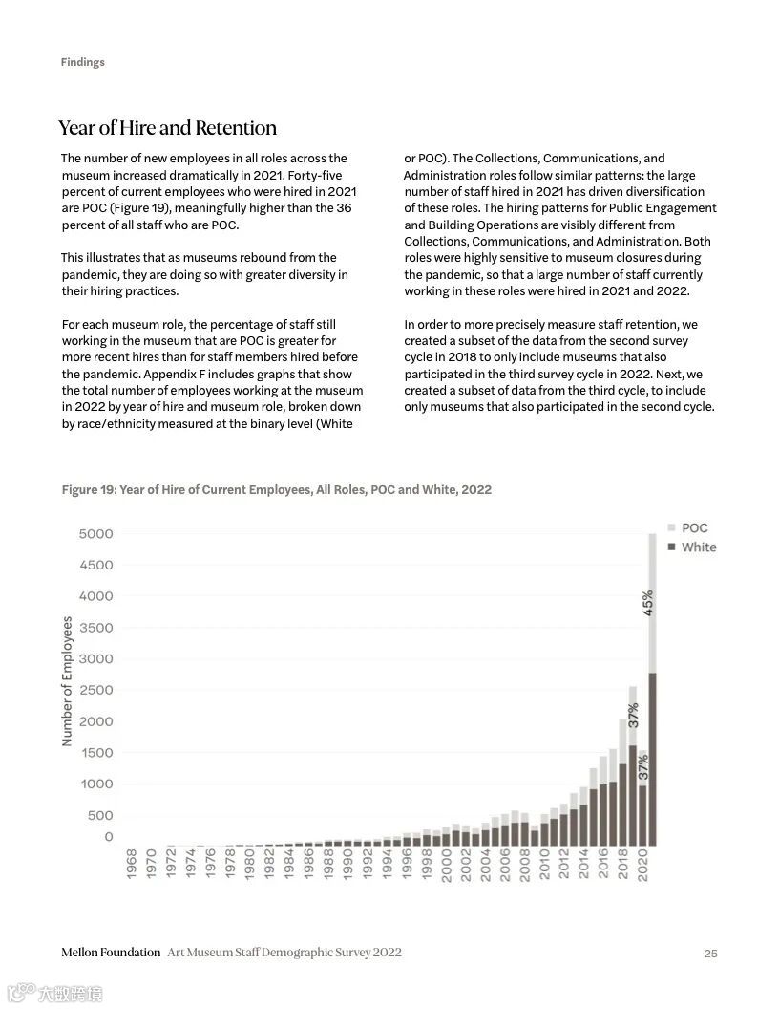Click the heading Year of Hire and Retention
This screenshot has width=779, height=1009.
(167, 128)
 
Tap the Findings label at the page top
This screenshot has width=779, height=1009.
(82, 62)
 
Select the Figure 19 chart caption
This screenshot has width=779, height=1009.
(276, 490)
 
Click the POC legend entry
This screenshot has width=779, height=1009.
(694, 528)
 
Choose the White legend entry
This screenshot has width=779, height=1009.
(698, 547)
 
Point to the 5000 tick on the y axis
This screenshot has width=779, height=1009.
(95, 533)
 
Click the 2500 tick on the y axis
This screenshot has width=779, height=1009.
(95, 690)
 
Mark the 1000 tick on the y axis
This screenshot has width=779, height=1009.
(95, 784)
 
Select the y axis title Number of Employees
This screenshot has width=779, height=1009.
(67, 680)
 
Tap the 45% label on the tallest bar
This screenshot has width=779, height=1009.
(648, 602)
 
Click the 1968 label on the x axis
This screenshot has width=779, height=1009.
(131, 865)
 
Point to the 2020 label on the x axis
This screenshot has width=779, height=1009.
(642, 865)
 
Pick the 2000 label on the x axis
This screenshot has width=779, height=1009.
(446, 865)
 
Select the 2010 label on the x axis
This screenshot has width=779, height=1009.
(544, 865)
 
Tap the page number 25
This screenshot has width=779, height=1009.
(710, 953)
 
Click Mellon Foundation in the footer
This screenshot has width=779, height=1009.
(111, 953)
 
